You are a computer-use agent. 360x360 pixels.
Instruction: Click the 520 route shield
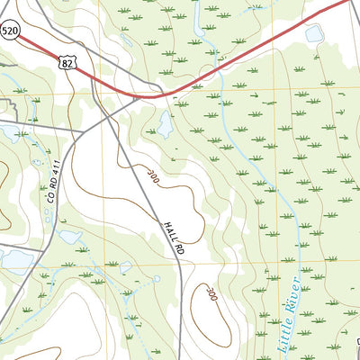pos(9,31)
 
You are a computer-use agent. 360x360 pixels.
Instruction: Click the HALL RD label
pos(174,236)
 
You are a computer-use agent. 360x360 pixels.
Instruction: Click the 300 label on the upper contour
pos(152,177)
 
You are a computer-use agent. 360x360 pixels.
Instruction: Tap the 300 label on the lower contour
pos(211,292)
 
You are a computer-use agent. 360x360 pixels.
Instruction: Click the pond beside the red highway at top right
pos(314,34)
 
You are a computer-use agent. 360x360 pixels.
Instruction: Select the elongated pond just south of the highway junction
pos(166,124)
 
